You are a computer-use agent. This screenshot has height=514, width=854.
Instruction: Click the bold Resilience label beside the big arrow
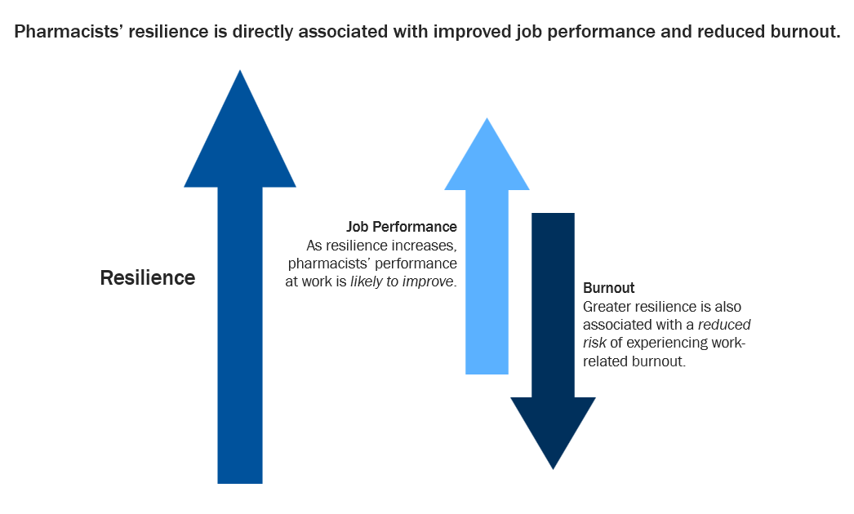148,277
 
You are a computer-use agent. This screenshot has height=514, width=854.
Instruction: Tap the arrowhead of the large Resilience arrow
240,139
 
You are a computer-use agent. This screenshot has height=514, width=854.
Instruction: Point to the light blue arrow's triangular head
487,160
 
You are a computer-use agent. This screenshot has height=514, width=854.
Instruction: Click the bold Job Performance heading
402,226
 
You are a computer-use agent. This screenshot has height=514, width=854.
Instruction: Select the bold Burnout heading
609,288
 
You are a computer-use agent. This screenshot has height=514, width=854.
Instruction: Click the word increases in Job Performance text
427,245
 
